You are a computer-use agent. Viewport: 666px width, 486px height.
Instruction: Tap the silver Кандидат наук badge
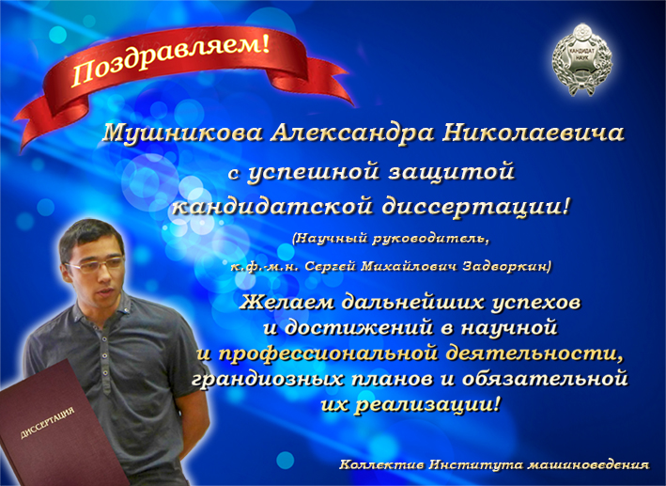pyautogui.click(x=581, y=58)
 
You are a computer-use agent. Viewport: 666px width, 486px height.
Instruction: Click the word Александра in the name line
pyautogui.click(x=352, y=133)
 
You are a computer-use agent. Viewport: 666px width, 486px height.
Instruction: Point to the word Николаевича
pyautogui.click(x=534, y=133)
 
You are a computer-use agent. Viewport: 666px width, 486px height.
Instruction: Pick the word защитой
pyautogui.click(x=452, y=172)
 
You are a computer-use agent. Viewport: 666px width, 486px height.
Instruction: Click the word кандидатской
pyautogui.click(x=272, y=207)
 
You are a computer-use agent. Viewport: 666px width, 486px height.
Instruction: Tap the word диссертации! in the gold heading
pyautogui.click(x=475, y=207)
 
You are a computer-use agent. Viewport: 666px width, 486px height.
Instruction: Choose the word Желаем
pyautogui.click(x=287, y=303)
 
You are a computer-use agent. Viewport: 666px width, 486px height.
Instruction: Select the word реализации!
pyautogui.click(x=426, y=403)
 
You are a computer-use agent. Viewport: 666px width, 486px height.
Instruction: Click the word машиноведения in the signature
pyautogui.click(x=588, y=464)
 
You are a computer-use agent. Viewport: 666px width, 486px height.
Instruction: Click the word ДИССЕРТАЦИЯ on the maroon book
pyautogui.click(x=48, y=423)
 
